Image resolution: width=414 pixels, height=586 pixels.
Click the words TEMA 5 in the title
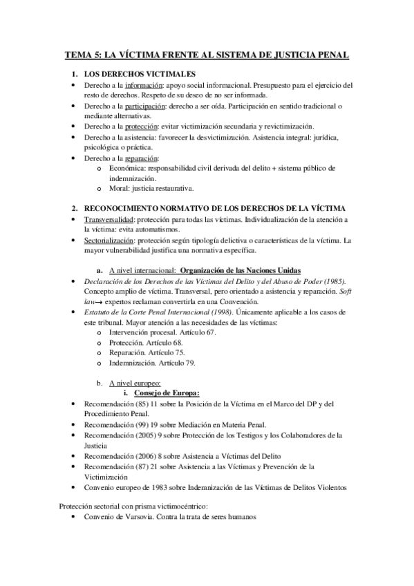pos(82,53)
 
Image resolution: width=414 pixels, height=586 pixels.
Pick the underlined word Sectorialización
pos(110,240)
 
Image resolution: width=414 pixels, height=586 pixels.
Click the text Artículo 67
pos(197,332)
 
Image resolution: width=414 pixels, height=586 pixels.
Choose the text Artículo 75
pos(166,352)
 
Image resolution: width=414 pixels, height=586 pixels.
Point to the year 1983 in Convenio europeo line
pos(153,487)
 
